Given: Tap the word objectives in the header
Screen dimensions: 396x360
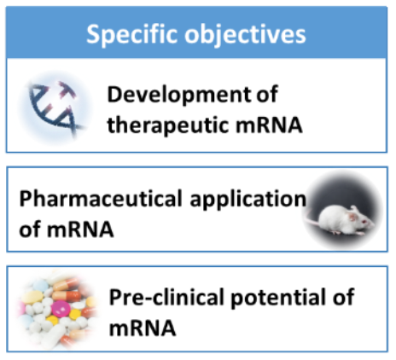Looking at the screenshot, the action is [245, 35].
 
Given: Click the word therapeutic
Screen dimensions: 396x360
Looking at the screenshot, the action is [168, 125].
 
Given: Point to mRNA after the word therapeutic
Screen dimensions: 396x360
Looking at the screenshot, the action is [269, 125].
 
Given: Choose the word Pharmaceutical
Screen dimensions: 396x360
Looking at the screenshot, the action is [101, 199].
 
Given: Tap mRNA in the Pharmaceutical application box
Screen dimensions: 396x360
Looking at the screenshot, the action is [80, 229].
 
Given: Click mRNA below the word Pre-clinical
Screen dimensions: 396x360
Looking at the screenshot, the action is [143, 328].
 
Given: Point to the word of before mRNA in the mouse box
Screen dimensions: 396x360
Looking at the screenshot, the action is [30, 229].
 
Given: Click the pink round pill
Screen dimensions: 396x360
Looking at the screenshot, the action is [62, 308].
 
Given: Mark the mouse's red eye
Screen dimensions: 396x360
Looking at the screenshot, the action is [365, 221].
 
